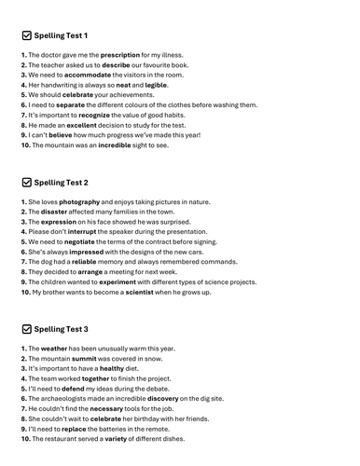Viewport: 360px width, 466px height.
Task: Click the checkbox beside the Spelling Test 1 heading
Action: click(25, 35)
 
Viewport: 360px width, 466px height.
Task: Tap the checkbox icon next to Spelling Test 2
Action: click(25, 183)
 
